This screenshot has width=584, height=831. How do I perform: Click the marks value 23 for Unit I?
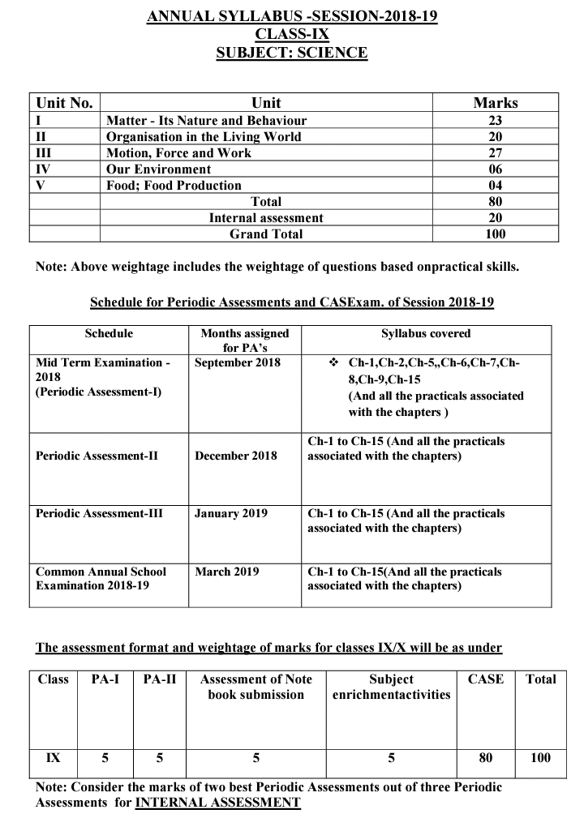point(496,121)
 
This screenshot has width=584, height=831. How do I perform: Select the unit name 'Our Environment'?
point(158,169)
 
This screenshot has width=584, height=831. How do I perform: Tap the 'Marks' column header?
point(496,103)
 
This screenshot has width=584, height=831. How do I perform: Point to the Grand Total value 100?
point(496,234)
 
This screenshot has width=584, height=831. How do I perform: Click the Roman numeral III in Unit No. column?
point(45,153)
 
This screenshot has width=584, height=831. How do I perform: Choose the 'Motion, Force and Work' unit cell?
point(178,153)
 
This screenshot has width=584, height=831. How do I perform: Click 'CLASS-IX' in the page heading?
point(292,35)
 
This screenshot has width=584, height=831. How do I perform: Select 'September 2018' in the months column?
point(238,362)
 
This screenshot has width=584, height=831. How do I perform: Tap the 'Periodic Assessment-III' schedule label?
point(99,514)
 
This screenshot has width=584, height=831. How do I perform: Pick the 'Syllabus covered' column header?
point(426,333)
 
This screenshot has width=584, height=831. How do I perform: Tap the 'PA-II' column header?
point(159,679)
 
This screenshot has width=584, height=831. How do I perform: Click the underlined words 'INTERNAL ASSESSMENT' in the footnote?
point(217,803)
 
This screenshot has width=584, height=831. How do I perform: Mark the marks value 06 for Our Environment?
point(496,169)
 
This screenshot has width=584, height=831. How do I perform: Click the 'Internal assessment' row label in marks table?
point(266,218)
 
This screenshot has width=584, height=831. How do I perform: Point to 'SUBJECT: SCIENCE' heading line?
point(292,54)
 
